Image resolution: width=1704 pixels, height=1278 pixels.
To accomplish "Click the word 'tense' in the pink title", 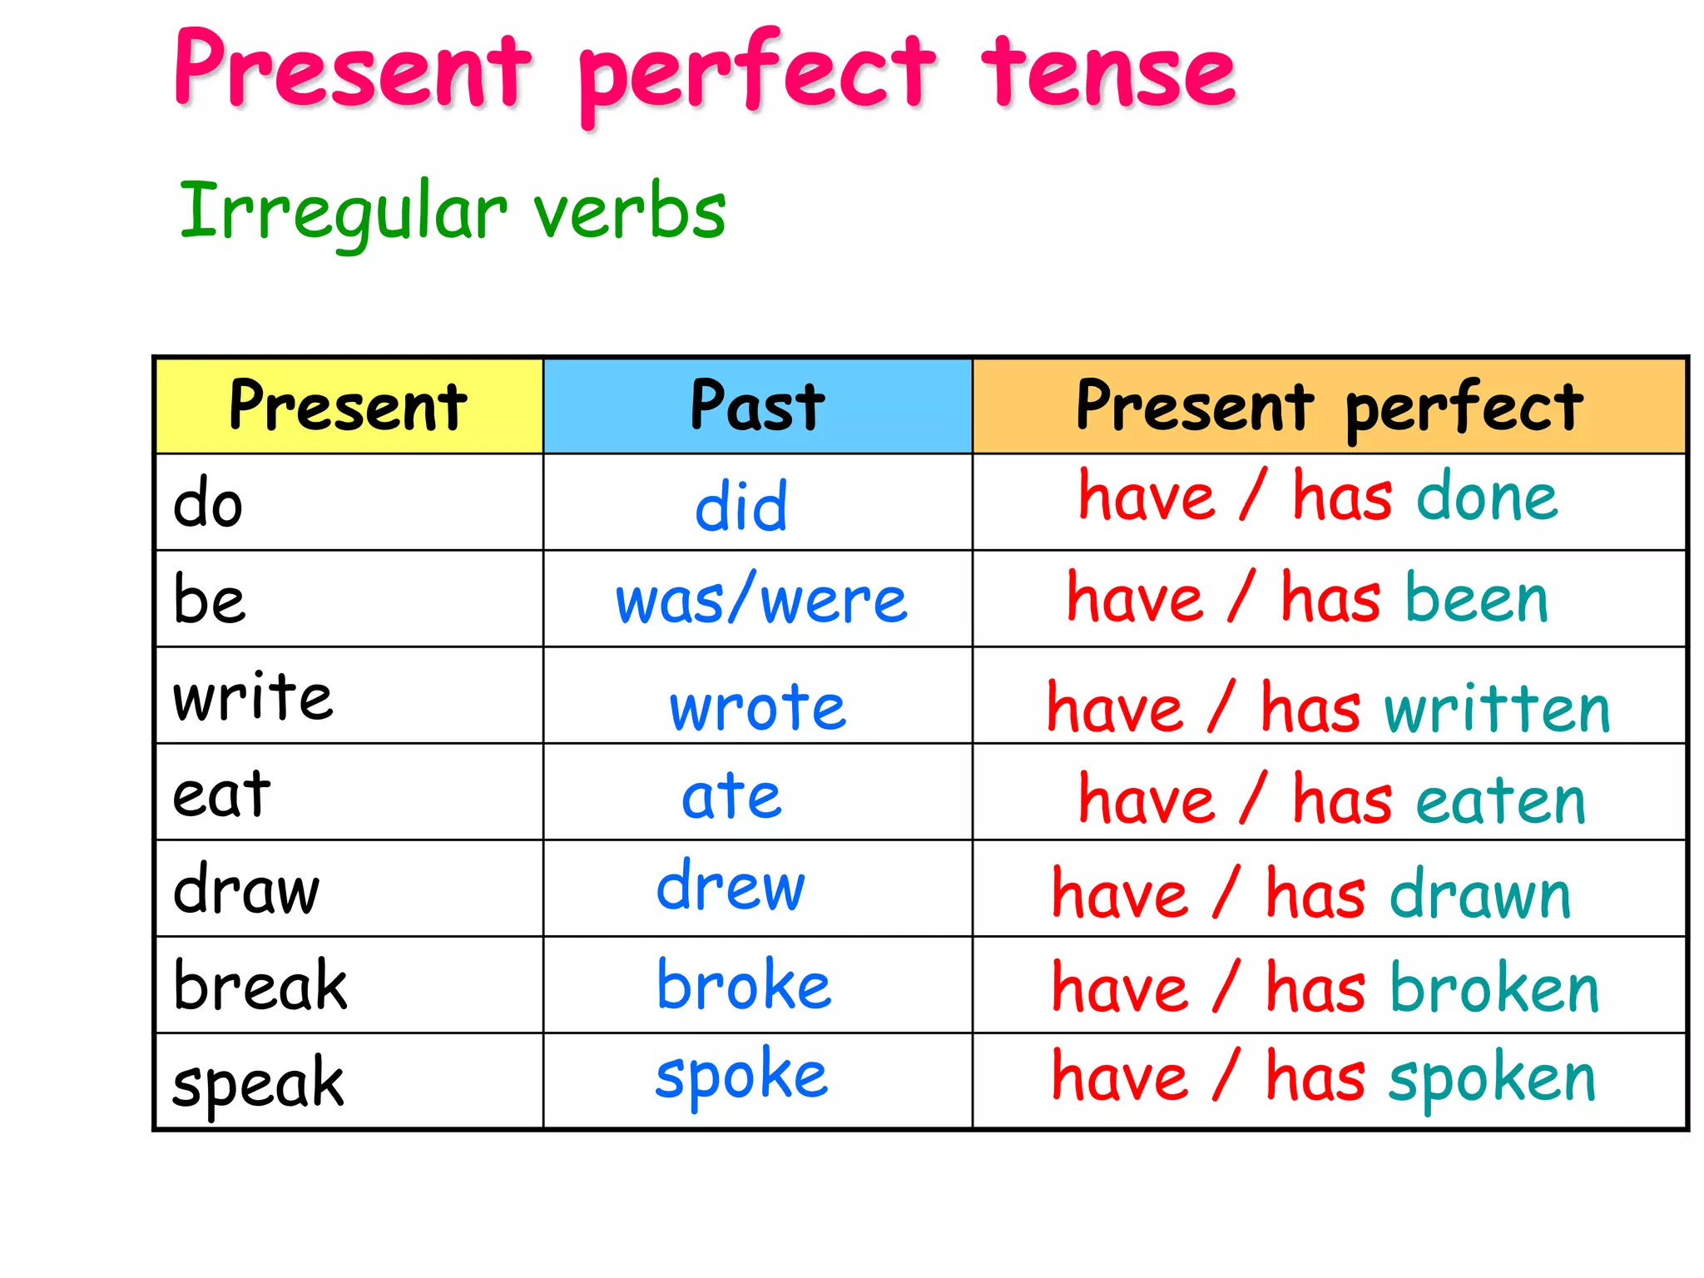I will [x=1108, y=73].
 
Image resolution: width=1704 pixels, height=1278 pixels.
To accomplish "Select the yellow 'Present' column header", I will [x=348, y=406].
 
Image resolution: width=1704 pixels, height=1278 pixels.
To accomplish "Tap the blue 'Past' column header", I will [x=757, y=406].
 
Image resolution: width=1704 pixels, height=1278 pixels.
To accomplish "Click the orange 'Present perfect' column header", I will [x=1329, y=406].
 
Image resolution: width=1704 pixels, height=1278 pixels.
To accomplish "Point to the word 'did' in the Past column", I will [x=741, y=506].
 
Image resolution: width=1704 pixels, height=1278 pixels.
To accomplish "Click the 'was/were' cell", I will [x=760, y=601].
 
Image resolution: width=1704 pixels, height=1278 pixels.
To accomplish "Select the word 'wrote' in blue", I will [x=758, y=707].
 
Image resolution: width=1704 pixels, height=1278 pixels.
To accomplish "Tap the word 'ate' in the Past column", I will [x=731, y=796].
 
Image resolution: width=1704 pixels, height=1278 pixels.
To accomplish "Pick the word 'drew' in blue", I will [x=731, y=886].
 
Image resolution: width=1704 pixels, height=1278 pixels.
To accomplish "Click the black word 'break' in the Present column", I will [x=260, y=986].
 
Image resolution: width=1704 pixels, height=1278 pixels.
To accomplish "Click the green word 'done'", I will [x=1487, y=498].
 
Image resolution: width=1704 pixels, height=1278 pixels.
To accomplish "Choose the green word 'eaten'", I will [x=1501, y=800].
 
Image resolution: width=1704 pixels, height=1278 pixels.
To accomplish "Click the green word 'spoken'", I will [x=1492, y=1078].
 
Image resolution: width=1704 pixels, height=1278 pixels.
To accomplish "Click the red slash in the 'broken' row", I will [x=1226, y=985].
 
